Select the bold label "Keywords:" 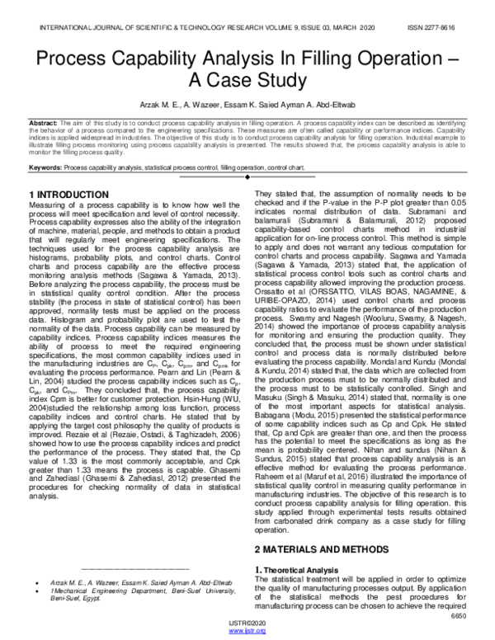tap(45, 166)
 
